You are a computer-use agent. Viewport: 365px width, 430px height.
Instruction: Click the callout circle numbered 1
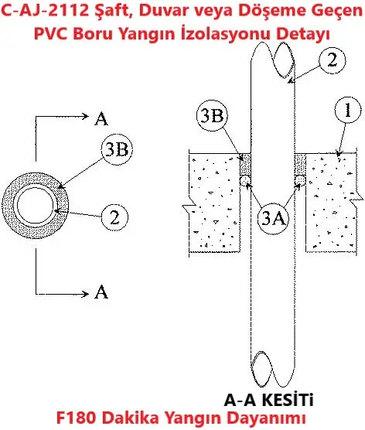click(x=348, y=110)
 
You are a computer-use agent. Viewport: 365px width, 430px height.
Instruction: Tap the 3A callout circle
click(x=274, y=219)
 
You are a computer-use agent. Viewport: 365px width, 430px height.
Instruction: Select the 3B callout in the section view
click(x=212, y=115)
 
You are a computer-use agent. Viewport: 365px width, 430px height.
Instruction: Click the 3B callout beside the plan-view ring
click(x=117, y=149)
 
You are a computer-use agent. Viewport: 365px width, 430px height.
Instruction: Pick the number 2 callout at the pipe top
click(x=332, y=60)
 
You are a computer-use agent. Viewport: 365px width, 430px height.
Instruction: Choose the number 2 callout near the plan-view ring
click(x=114, y=217)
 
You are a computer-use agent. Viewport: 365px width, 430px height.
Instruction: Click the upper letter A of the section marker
click(x=101, y=119)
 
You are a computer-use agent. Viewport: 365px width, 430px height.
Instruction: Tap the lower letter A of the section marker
click(x=101, y=292)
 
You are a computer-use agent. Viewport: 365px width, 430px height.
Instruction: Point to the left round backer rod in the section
click(x=245, y=180)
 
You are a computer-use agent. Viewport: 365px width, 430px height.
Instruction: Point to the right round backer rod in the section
click(x=300, y=180)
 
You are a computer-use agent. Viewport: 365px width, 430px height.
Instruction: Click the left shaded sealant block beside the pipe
click(x=245, y=164)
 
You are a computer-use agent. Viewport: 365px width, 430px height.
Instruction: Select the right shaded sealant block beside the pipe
click(x=300, y=164)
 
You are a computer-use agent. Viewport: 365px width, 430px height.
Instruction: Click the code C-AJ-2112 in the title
click(x=46, y=11)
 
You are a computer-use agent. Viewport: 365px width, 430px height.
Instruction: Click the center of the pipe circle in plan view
click(x=36, y=206)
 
